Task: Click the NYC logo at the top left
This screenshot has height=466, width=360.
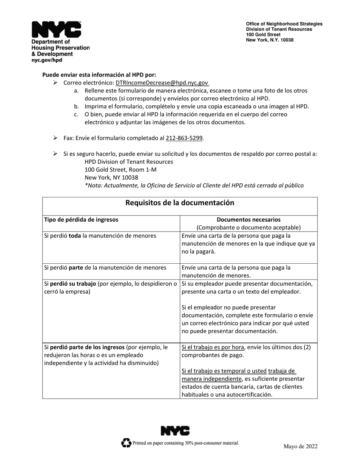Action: (56, 30)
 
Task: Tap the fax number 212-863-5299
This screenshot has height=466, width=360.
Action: (184, 138)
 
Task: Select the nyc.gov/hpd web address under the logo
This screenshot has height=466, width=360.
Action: (47, 60)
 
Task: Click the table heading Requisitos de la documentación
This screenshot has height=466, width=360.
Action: (180, 203)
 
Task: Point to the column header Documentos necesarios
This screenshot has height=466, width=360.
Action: (249, 219)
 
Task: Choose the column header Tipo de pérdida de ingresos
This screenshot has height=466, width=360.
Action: (81, 219)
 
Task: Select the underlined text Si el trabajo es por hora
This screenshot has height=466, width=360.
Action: (213, 347)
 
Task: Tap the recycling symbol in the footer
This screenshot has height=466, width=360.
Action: (126, 443)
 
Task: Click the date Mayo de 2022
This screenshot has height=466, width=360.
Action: (300, 446)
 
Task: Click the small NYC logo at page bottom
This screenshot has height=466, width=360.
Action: (175, 431)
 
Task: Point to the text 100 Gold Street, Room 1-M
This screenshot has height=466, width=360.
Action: (121, 169)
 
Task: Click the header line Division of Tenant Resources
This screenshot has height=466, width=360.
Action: (279, 29)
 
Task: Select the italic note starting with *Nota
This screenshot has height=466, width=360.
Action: (194, 185)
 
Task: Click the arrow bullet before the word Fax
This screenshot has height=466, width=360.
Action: (55, 138)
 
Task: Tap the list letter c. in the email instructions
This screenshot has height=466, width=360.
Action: (76, 114)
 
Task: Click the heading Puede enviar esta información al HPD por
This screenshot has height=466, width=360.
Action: (99, 75)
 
